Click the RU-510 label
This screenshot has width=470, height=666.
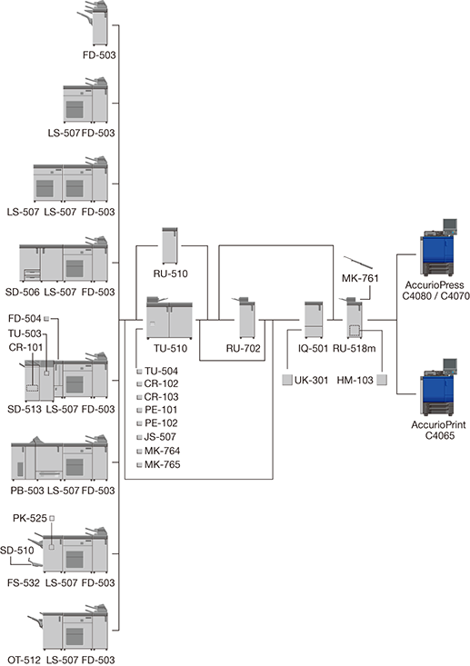[x=170, y=274]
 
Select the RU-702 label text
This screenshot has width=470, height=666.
[x=243, y=349]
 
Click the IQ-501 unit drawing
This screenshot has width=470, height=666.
[x=314, y=320]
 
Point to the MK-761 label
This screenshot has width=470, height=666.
[x=360, y=279]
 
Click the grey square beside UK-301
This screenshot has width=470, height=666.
[x=287, y=380]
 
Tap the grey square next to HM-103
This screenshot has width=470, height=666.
[x=382, y=380]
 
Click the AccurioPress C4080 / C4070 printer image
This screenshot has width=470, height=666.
[x=439, y=247]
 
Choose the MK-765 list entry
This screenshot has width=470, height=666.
[x=158, y=464]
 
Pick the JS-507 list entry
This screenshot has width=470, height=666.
[x=156, y=437]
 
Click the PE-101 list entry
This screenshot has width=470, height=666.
[x=157, y=410]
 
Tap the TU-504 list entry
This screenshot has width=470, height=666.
[x=157, y=372]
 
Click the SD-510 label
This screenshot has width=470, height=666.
[x=17, y=551]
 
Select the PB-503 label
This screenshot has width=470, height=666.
[x=27, y=491]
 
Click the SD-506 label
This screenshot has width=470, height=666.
[x=23, y=293]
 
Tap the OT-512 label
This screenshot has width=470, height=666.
[x=25, y=660]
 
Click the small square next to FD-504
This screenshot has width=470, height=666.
[x=46, y=318]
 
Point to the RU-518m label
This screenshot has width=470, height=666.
[x=355, y=349]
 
